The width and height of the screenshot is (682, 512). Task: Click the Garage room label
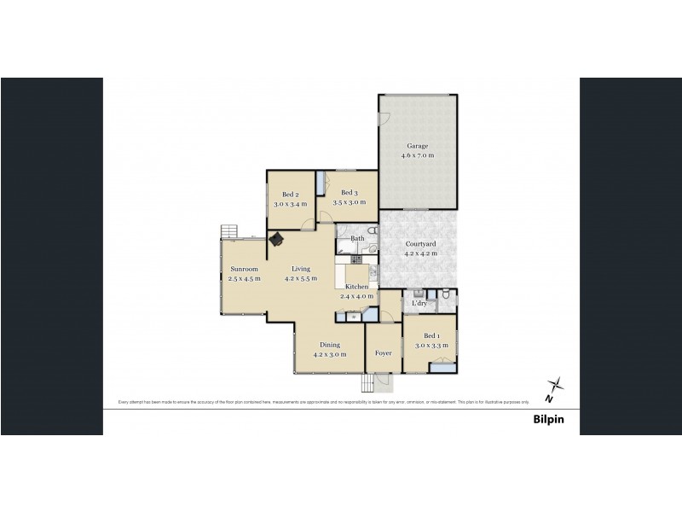point(418,146)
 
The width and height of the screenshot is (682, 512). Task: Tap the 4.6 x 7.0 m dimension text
point(418,155)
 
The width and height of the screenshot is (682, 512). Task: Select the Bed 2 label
point(290,195)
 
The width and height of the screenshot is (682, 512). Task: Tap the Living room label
point(302,269)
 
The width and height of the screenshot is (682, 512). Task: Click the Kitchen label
point(356,287)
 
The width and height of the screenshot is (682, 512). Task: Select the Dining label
point(330,345)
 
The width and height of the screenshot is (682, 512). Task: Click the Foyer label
point(383,352)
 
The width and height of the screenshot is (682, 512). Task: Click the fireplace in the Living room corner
point(277,240)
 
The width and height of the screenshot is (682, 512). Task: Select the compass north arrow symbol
point(555,389)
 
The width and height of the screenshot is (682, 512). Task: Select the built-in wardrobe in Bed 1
point(443,367)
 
